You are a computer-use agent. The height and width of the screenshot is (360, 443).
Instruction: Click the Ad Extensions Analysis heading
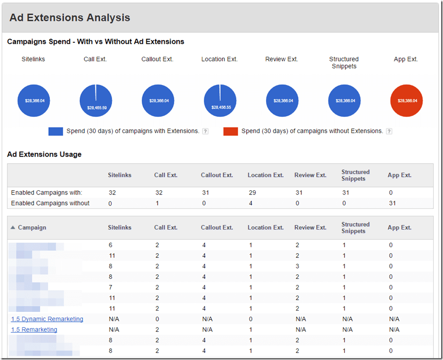click(x=70, y=18)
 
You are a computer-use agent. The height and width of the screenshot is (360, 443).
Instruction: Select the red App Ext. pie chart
click(x=406, y=101)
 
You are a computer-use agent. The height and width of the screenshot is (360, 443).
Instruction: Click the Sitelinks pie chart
click(x=34, y=101)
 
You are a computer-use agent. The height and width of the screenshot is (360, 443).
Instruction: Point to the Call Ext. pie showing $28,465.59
click(x=96, y=101)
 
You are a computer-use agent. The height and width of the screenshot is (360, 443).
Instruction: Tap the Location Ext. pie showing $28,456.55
click(x=220, y=101)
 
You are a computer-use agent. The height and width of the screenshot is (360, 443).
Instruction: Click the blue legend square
click(x=55, y=132)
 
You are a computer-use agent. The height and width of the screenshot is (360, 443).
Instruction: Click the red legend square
click(x=230, y=132)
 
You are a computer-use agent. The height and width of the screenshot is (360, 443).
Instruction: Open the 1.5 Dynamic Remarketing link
click(x=47, y=319)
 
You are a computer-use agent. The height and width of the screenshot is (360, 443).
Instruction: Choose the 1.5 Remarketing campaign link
click(x=34, y=330)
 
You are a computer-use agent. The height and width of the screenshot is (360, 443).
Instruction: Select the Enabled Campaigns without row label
click(x=50, y=203)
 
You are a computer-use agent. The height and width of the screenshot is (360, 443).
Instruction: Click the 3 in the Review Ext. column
click(x=297, y=266)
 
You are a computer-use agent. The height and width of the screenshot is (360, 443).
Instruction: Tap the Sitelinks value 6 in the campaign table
click(x=110, y=245)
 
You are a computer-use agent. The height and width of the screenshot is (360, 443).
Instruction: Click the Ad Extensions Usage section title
click(x=44, y=154)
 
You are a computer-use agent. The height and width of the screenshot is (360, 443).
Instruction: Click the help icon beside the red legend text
click(x=389, y=132)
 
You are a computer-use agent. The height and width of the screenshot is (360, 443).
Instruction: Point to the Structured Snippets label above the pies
click(x=344, y=62)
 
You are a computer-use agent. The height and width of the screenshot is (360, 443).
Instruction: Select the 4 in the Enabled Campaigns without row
click(x=250, y=203)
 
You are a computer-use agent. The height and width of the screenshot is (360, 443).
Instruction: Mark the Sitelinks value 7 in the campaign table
click(x=110, y=287)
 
